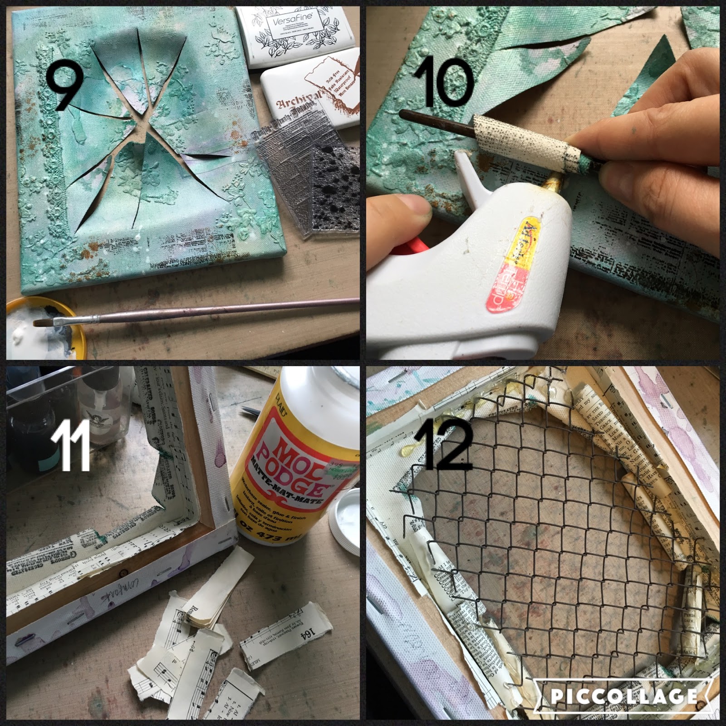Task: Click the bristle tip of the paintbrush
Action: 45,323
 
